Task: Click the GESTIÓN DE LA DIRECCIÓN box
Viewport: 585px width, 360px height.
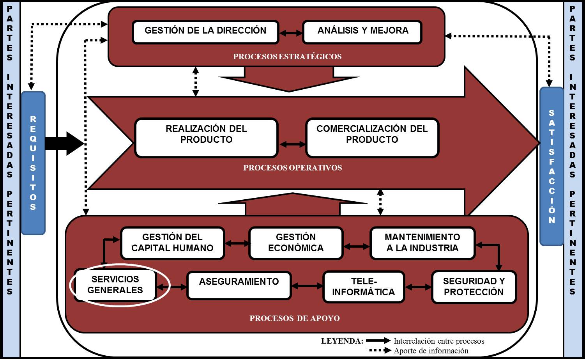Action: (205, 32)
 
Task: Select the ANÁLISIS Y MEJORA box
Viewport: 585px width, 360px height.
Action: (362, 32)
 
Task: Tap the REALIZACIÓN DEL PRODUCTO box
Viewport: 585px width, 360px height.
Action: (206, 138)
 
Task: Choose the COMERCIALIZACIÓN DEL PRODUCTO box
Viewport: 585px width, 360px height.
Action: (372, 138)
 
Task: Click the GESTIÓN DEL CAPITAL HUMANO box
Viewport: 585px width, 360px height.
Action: (172, 243)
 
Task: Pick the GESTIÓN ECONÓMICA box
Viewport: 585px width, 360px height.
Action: (296, 243)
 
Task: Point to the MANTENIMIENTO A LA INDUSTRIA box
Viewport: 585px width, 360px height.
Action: (422, 243)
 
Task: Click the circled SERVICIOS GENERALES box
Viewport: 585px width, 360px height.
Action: (115, 285)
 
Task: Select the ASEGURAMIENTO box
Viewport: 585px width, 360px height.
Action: (239, 286)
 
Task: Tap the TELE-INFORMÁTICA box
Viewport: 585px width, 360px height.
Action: (364, 287)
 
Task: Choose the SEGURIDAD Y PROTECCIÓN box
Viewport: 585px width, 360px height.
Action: (474, 287)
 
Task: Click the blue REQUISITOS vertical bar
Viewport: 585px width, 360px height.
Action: (33, 163)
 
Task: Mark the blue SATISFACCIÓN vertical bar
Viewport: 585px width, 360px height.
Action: (551, 166)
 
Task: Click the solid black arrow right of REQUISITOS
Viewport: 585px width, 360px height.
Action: (64, 144)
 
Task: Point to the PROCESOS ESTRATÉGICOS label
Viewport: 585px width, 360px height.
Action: (287, 57)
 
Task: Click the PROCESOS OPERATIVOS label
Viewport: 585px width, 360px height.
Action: (292, 168)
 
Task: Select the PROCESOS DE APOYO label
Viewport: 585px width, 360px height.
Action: (294, 319)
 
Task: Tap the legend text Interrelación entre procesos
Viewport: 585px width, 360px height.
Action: (439, 341)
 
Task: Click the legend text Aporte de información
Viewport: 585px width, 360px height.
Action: (431, 351)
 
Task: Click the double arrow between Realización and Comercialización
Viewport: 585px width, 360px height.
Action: (292, 144)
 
